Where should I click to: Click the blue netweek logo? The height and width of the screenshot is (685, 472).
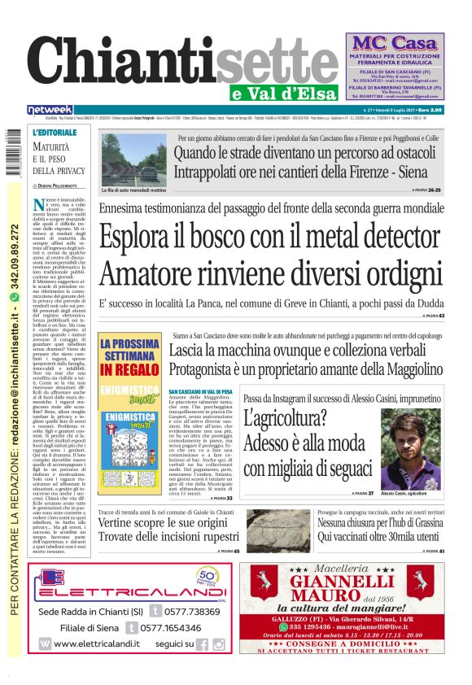click(50, 110)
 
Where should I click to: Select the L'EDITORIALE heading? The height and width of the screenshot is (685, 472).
click(55, 131)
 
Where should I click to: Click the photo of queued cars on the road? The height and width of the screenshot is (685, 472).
click(134, 159)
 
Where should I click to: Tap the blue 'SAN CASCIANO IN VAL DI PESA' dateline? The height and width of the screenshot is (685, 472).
click(200, 391)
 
